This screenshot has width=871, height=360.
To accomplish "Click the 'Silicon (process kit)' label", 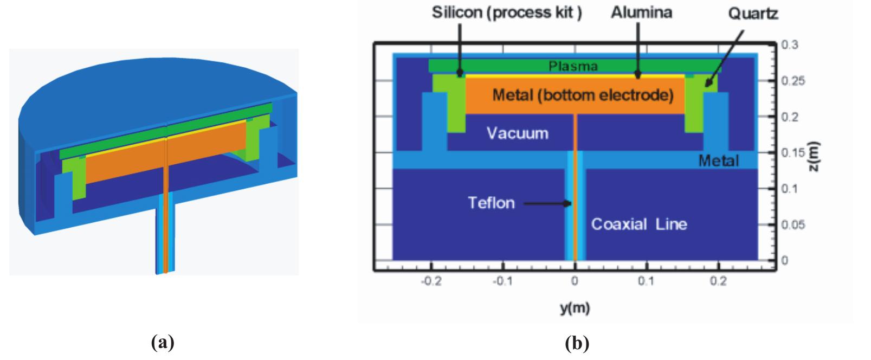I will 507,12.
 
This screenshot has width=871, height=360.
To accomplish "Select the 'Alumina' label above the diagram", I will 641,12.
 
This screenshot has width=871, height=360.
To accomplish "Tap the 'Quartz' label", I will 753,14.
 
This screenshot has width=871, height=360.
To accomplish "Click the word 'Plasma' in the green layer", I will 573,67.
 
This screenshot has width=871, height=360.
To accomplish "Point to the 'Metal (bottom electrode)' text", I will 583,96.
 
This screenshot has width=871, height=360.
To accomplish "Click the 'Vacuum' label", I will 517,133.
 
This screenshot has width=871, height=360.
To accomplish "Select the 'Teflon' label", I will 491,203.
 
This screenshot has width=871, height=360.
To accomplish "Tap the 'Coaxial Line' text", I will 638,224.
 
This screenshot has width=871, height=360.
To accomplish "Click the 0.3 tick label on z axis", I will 792,45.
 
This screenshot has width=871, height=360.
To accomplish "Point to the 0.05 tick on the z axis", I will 795,224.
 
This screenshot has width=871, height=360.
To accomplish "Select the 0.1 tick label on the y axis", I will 646,282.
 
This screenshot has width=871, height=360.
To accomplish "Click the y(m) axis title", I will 575,308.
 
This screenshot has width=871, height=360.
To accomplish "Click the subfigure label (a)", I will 164,343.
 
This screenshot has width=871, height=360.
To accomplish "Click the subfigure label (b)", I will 577,343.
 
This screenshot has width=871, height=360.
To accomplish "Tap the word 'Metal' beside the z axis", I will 718,160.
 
